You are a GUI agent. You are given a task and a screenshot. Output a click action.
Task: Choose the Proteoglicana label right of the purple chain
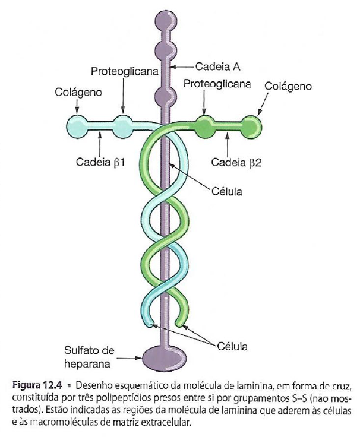(217, 84)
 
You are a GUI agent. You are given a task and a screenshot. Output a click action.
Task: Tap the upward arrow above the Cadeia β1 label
(100, 138)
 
